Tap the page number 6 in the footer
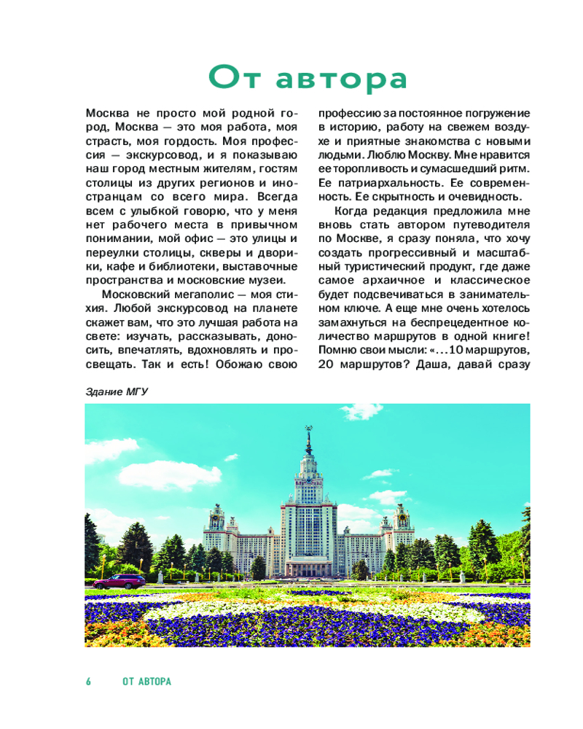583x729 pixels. pos(89,682)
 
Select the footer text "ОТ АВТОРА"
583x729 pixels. pos(146,682)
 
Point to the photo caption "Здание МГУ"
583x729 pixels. pos(117,392)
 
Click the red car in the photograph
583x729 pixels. pos(119,581)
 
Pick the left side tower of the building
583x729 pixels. pos(216,519)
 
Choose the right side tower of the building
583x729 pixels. pos(402,519)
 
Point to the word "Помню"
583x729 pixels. pos(338,350)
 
